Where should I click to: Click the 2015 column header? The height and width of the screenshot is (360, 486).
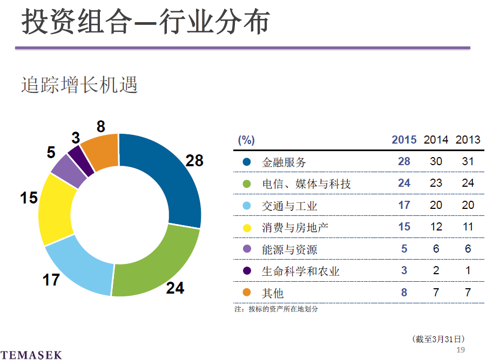pyautogui.click(x=404, y=140)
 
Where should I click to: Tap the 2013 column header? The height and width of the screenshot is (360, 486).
pyautogui.click(x=468, y=140)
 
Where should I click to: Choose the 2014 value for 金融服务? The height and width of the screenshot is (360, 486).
pyautogui.click(x=436, y=161)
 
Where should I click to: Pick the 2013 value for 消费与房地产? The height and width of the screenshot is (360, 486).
pyautogui.click(x=468, y=227)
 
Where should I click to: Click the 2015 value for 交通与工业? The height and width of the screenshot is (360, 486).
pyautogui.click(x=404, y=205)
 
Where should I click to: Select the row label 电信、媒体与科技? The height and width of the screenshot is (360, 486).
pyautogui.click(x=306, y=184)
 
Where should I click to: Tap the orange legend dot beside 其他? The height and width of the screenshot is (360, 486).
pyautogui.click(x=247, y=293)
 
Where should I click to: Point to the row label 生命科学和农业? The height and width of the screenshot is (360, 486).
pyautogui.click(x=300, y=271)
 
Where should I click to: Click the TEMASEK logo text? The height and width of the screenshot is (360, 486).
pyautogui.click(x=31, y=355)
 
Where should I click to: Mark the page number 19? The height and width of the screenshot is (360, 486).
pyautogui.click(x=461, y=350)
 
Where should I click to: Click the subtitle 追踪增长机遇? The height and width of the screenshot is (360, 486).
pyautogui.click(x=79, y=85)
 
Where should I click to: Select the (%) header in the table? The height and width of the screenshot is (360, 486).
pyautogui.click(x=246, y=140)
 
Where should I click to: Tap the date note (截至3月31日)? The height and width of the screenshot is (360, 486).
pyautogui.click(x=438, y=339)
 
